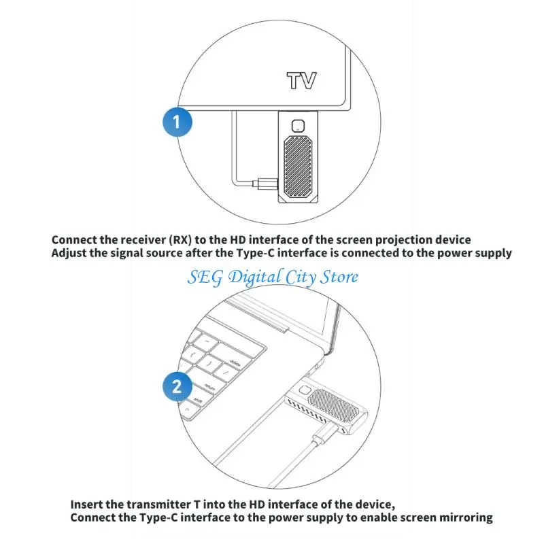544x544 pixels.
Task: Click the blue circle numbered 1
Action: pyautogui.click(x=177, y=123)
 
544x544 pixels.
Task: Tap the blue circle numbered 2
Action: pyautogui.click(x=177, y=387)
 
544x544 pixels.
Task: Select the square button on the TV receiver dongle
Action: pyautogui.click(x=297, y=125)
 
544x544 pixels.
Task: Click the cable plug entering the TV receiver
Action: pyautogui.click(x=266, y=183)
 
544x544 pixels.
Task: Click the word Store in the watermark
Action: pyautogui.click(x=337, y=277)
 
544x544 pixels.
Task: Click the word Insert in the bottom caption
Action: pyautogui.click(x=88, y=504)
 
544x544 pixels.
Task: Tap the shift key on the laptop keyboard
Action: pyautogui.click(x=199, y=400)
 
